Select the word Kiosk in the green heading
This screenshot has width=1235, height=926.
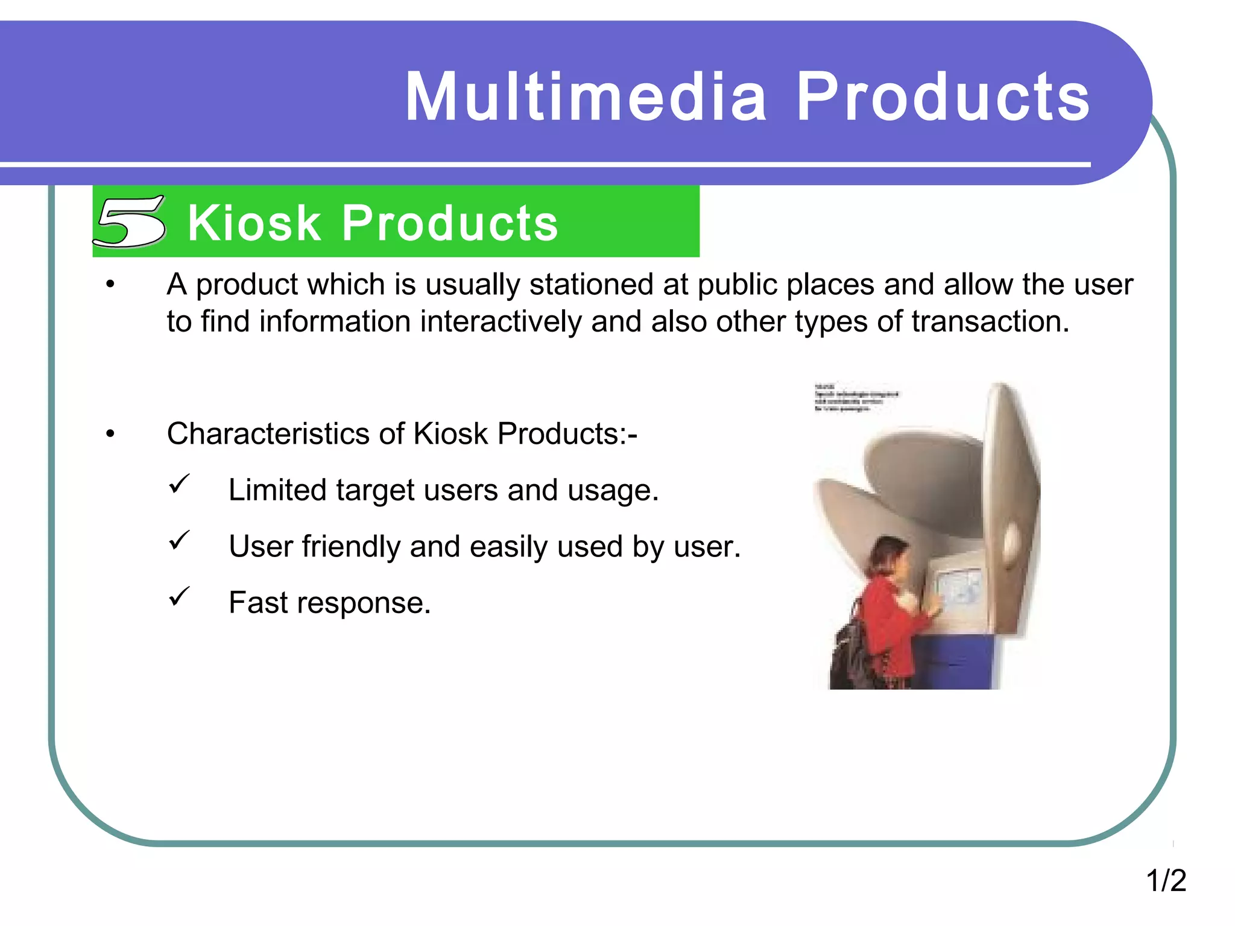[x=254, y=223]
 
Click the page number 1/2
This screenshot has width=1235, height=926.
[x=1166, y=880]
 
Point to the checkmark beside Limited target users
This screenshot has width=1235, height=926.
[x=179, y=484]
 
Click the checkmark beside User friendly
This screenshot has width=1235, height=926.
[x=179, y=541]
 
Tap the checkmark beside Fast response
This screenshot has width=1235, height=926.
[x=179, y=597]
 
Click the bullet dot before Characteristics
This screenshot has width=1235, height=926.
[x=110, y=434]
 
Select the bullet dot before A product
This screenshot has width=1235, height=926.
[x=110, y=285]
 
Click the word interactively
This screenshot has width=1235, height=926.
[x=501, y=321]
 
